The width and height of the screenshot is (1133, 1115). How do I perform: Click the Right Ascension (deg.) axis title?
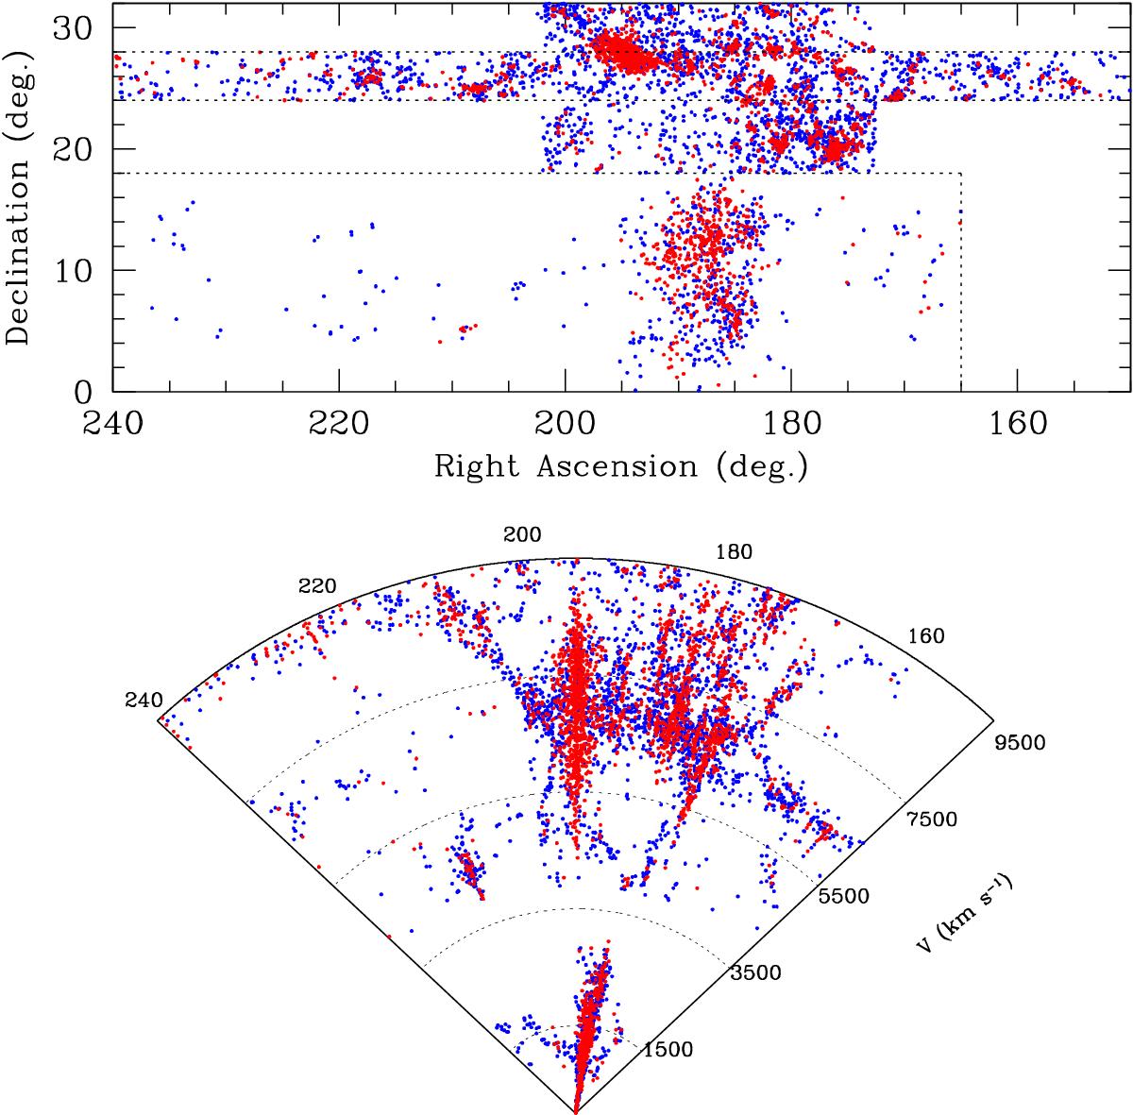click(x=620, y=465)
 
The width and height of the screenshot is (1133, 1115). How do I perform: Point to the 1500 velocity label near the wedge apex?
click(x=669, y=1049)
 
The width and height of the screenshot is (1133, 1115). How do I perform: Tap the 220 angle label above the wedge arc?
click(x=317, y=586)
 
